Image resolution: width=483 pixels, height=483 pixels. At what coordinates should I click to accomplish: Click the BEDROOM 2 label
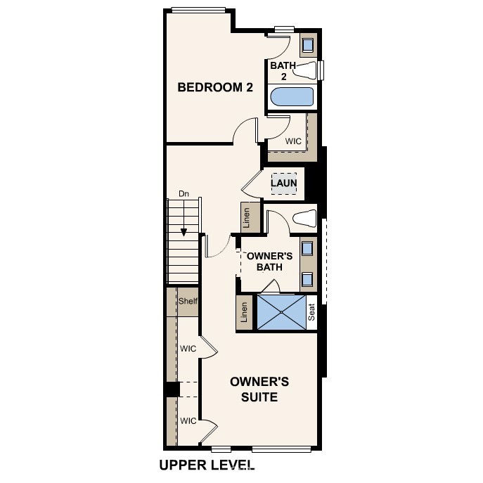pos(214,88)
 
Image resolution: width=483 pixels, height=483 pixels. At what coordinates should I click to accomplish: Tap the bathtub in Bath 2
pos(292,96)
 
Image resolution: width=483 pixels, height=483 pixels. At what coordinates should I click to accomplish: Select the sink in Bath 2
pos(308,46)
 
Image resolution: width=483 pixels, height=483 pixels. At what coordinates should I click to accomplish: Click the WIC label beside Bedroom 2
pos(293,141)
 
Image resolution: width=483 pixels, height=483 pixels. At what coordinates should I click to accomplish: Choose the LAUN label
pos(284,183)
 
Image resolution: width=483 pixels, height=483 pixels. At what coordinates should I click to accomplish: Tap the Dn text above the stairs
pos(183,193)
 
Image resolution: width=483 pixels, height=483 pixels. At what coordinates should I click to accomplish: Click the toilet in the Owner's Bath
pos(304,217)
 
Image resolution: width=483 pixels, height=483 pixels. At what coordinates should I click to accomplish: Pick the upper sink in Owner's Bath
pos(308,248)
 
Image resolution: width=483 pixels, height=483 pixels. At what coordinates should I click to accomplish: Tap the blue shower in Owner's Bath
pos(281,311)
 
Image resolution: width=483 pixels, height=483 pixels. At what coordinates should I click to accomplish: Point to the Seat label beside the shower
pos(312,312)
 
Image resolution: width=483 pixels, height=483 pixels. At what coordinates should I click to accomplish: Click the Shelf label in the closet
pos(188,302)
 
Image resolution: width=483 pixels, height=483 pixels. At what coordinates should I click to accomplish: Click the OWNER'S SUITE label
pos(259,389)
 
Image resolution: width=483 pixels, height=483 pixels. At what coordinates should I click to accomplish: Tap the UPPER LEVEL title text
pos(206,465)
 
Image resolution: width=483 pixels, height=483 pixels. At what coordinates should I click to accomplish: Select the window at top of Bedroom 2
pos(198,10)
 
